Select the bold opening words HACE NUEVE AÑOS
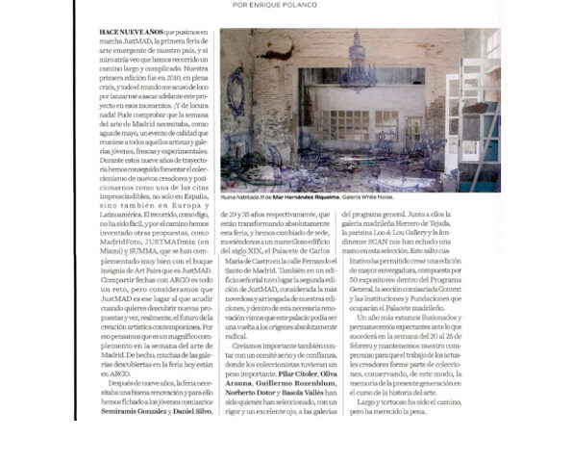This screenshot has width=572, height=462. (x=130, y=33)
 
